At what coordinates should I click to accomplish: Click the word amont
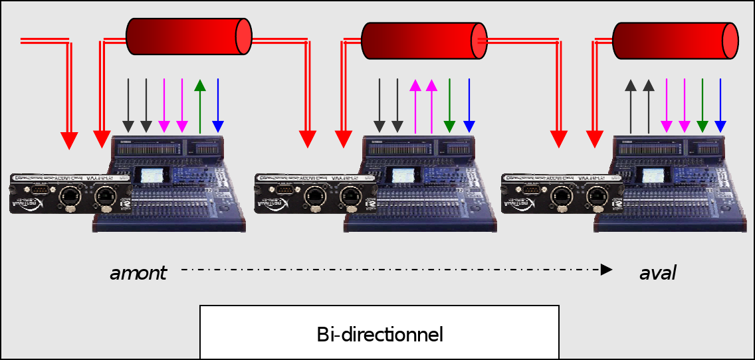pyautogui.click(x=138, y=272)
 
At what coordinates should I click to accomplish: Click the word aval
pyautogui.click(x=658, y=272)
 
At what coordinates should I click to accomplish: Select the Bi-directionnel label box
pyautogui.click(x=379, y=333)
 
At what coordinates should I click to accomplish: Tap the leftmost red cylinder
pyautogui.click(x=189, y=36)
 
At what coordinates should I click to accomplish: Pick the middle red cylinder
pyautogui.click(x=424, y=39)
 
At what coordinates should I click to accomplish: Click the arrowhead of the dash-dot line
pyautogui.click(x=605, y=270)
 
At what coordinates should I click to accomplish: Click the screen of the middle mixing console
pyautogui.click(x=402, y=176)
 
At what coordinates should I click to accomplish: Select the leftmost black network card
pyautogui.click(x=70, y=193)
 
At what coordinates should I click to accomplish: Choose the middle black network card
pyautogui.click(x=315, y=193)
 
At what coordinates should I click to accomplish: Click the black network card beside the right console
pyautogui.click(x=562, y=193)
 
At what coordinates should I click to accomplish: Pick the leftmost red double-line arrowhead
pyautogui.click(x=69, y=140)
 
